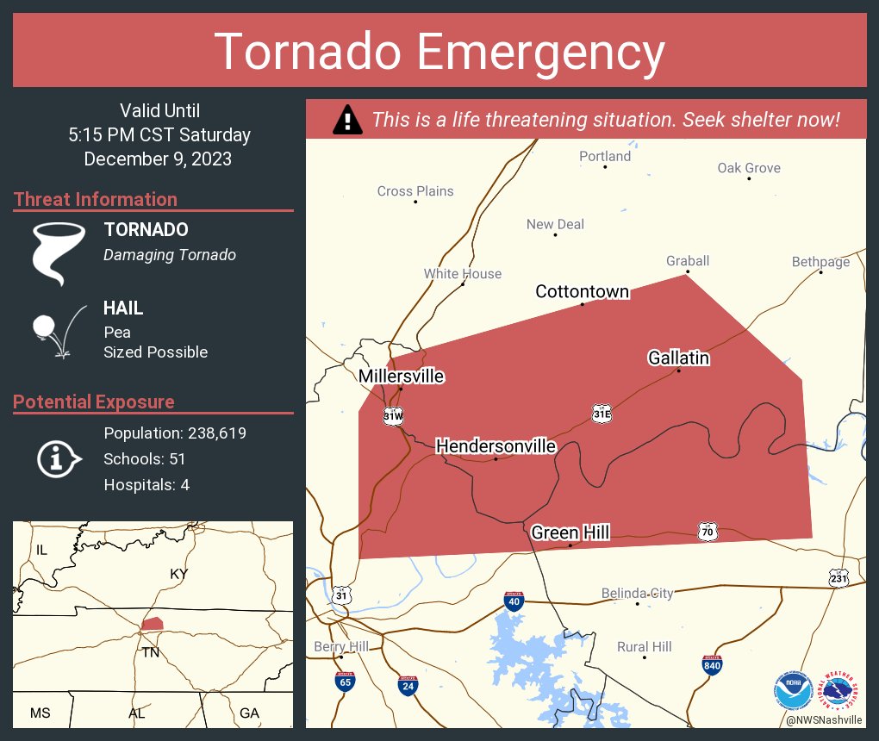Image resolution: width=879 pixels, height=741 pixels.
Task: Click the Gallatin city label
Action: pos(678,358)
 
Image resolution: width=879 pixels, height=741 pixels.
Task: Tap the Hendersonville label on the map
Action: pos(496,446)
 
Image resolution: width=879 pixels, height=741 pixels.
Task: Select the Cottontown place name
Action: pos(582,291)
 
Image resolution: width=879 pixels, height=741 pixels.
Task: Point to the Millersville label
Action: pos(401,377)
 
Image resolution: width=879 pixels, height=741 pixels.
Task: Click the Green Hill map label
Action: pos(570,533)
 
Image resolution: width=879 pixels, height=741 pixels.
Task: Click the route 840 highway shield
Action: pos(712,664)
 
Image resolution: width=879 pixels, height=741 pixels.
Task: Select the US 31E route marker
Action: pos(602,414)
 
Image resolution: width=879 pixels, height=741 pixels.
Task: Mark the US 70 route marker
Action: pos(708,531)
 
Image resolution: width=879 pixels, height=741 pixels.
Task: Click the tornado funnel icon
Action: pos(59,252)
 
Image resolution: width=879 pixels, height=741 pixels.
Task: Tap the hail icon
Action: pos(58,329)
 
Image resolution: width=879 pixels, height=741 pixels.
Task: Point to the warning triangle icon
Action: pos(347,120)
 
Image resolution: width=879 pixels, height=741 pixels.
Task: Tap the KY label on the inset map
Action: pos(178,574)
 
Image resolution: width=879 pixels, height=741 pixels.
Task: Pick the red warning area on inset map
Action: pos(153,623)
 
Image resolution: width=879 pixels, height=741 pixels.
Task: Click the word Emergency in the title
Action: pos(541,51)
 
